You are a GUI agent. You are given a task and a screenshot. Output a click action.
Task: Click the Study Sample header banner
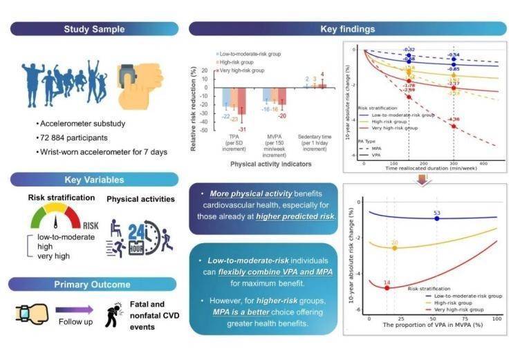(94, 29)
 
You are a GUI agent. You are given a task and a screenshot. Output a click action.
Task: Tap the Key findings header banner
(348, 29)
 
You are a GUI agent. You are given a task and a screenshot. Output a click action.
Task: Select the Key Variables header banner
(94, 179)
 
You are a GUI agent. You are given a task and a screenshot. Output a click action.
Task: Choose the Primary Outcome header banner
(94, 283)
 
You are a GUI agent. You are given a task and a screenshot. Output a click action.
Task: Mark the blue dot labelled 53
(437, 218)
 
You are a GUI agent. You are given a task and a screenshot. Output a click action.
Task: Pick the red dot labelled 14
(387, 288)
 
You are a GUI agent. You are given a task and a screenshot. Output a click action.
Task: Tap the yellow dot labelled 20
(394, 247)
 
